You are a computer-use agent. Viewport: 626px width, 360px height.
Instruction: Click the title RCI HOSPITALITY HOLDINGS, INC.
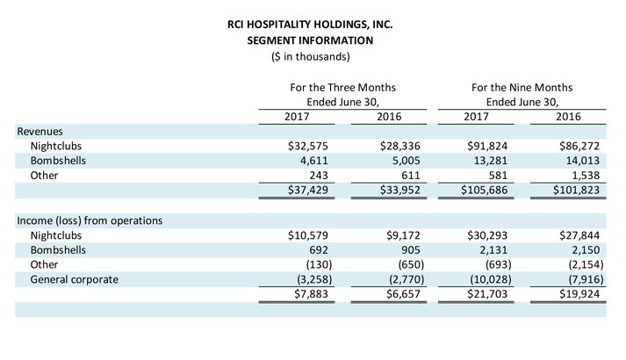click(x=310, y=25)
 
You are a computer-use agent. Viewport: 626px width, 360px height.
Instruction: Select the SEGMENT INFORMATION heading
click(x=310, y=40)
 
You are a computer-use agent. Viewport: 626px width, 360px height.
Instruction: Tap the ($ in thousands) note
click(x=310, y=57)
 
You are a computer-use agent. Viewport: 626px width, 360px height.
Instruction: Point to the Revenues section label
click(x=40, y=132)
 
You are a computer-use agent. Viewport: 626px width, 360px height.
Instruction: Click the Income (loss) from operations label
click(x=90, y=220)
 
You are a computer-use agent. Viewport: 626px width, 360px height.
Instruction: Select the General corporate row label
click(x=75, y=279)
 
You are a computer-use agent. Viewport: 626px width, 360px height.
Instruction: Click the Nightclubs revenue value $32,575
click(x=308, y=146)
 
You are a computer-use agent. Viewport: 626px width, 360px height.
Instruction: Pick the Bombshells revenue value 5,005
click(x=406, y=161)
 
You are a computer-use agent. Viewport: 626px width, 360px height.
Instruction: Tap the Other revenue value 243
click(x=319, y=176)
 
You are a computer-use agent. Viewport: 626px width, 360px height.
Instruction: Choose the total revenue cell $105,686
click(x=484, y=190)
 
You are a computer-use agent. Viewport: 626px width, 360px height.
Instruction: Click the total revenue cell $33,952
click(x=400, y=190)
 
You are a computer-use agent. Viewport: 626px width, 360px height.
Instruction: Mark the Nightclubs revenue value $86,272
click(x=579, y=146)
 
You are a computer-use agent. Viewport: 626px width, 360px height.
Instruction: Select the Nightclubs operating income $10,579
click(x=308, y=235)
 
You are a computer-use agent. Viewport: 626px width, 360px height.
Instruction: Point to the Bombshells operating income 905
click(x=411, y=250)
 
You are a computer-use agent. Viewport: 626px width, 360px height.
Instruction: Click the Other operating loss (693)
click(x=498, y=264)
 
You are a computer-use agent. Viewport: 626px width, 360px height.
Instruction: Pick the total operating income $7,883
click(x=311, y=294)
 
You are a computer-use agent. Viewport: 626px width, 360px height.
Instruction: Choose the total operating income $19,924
click(x=579, y=294)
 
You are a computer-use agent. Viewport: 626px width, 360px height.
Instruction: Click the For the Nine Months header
click(x=522, y=88)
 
